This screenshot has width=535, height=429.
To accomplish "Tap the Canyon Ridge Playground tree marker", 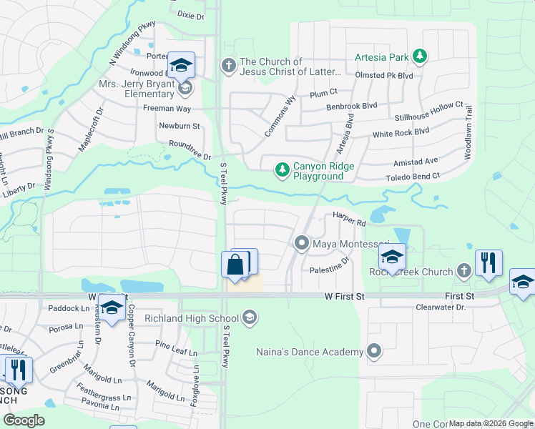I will click(283, 169).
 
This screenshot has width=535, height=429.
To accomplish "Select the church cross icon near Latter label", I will click(229, 66).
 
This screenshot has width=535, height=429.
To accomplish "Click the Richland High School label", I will click(191, 318).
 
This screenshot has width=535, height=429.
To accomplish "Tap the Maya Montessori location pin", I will click(302, 244).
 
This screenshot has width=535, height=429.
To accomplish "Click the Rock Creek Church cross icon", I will click(463, 270).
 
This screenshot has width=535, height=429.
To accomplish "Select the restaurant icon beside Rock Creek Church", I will click(489, 262).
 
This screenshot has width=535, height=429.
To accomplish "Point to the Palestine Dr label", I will click(329, 270).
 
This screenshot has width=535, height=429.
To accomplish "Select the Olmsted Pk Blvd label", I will click(384, 75).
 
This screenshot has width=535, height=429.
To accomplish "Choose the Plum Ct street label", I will click(323, 93).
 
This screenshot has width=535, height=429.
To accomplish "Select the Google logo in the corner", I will click(23, 420).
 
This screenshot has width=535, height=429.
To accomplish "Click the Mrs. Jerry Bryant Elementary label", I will click(138, 89).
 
